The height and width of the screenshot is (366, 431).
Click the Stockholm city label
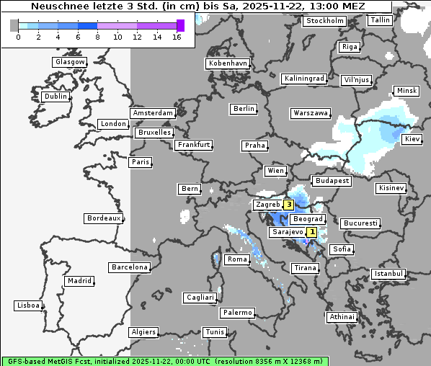[324, 21]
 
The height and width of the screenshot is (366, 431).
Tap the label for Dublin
[55, 97]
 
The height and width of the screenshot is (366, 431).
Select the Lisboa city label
[28, 305]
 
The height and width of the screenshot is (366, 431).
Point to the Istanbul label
[388, 274]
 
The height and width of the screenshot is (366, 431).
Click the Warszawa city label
[311, 113]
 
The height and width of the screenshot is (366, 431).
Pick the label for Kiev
[412, 138]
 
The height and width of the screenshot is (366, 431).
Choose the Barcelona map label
[130, 267]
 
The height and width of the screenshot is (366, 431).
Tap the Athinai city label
[342, 317]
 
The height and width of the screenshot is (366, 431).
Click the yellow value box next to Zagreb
[289, 205]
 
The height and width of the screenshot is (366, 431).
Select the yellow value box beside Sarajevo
[311, 232]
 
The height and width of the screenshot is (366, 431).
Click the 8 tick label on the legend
[96, 36]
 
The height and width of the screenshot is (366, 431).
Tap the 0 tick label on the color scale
[17, 36]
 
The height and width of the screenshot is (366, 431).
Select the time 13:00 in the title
[326, 6]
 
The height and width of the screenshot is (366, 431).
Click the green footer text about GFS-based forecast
[164, 361]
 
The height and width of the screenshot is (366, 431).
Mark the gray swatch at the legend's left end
[14, 25]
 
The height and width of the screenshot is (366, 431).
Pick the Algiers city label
[143, 332]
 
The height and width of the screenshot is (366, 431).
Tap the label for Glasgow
[70, 62]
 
